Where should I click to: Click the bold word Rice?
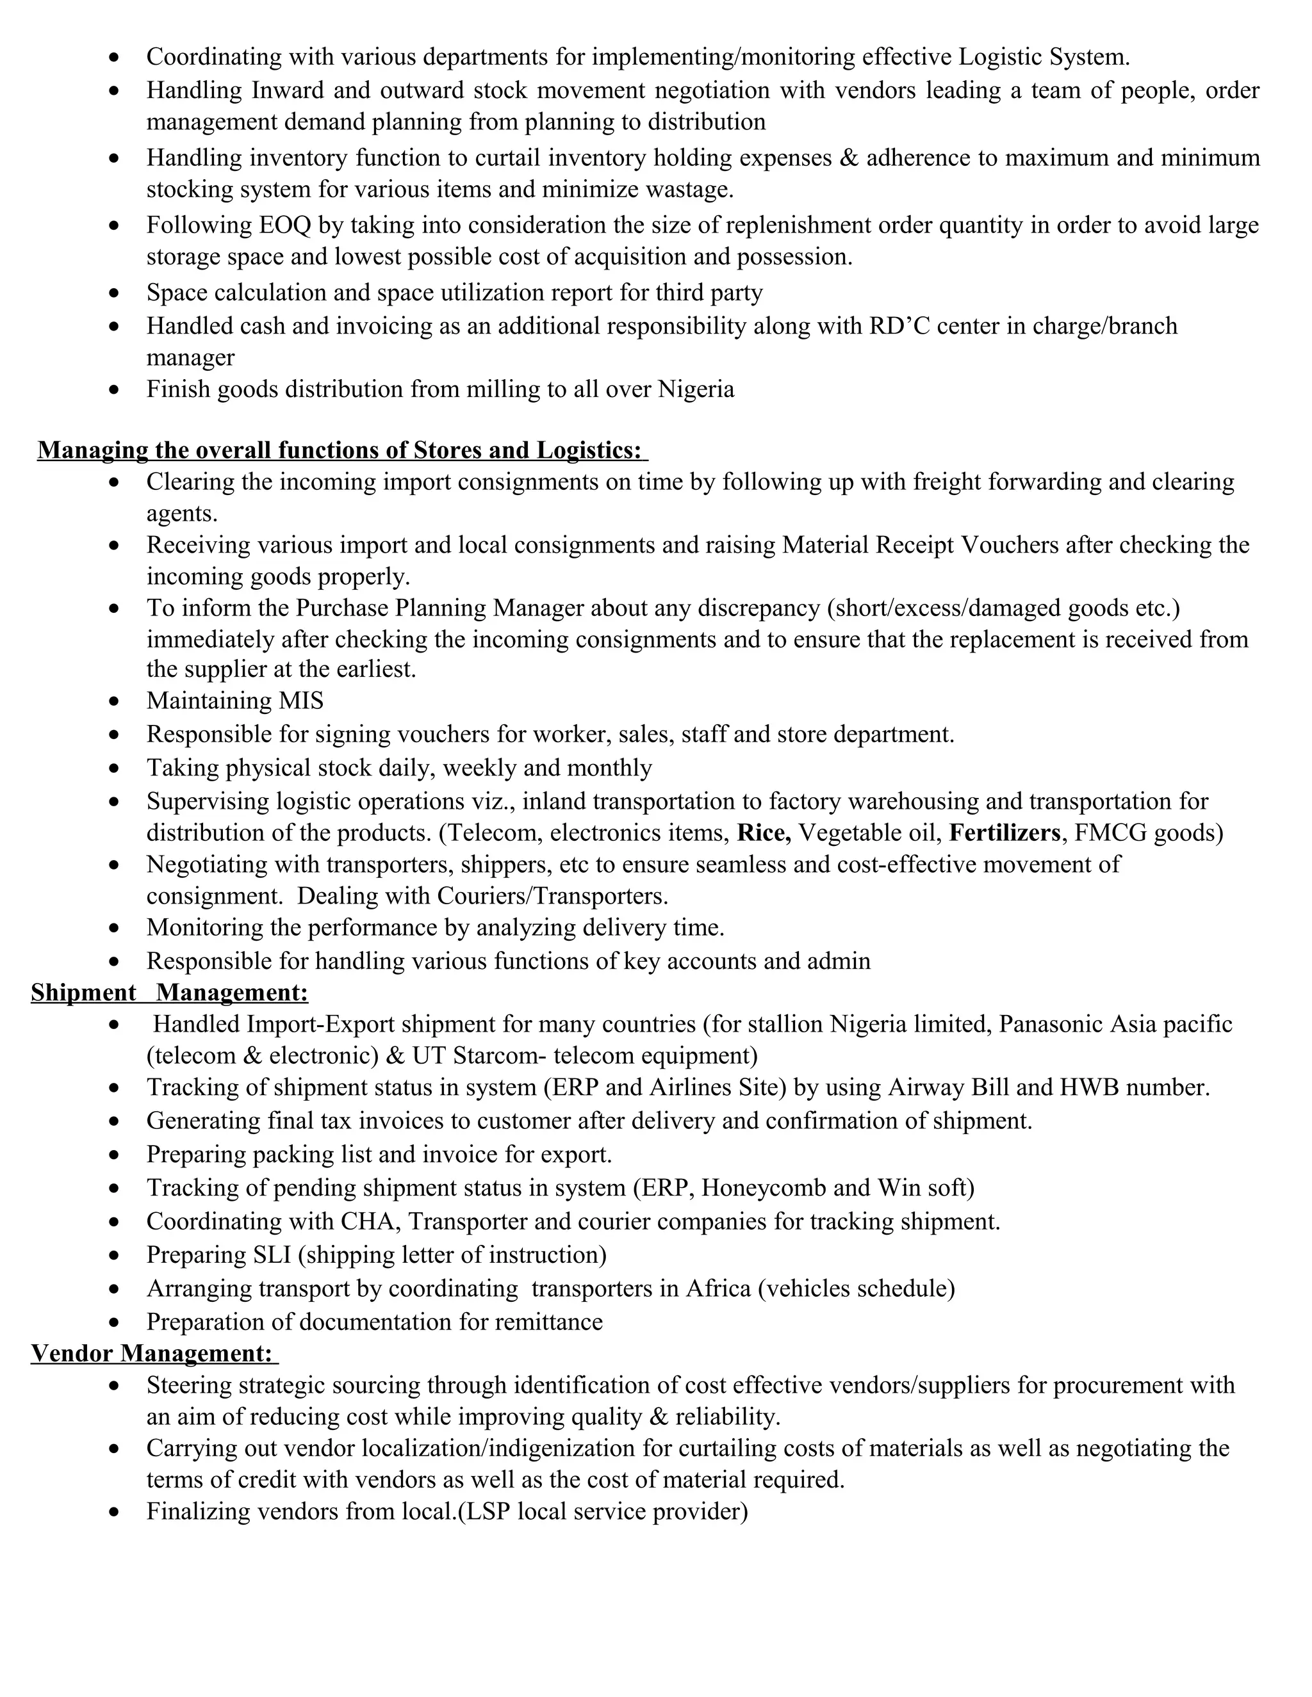763,833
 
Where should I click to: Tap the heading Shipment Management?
169,992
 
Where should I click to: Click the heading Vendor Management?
152,1352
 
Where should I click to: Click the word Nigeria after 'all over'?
696,389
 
